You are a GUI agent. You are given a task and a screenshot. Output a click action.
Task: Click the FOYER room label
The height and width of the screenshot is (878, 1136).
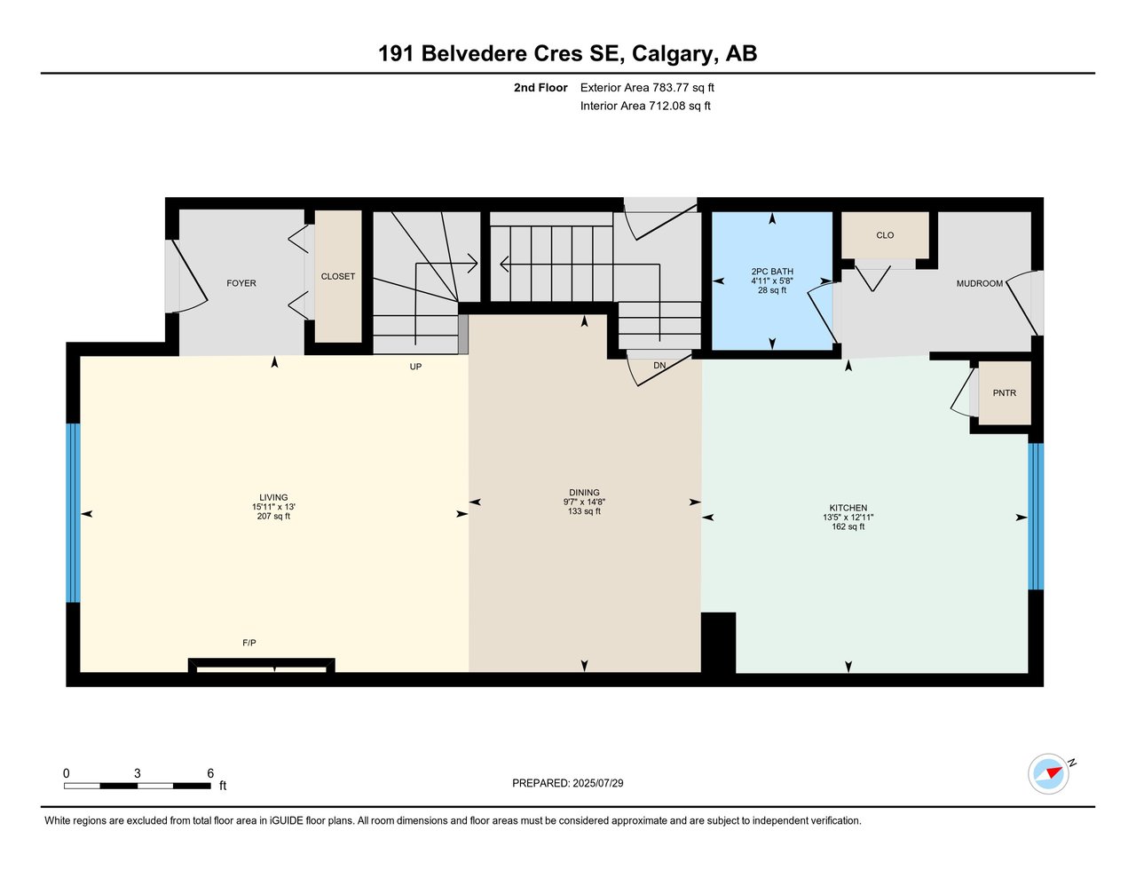click(241, 283)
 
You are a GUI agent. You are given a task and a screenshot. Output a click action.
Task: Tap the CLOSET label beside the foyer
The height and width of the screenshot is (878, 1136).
click(338, 277)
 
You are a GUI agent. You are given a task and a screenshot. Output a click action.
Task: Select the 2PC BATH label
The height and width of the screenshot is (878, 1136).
click(772, 272)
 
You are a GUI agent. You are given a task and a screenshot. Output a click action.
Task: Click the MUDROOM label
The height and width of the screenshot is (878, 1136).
click(979, 284)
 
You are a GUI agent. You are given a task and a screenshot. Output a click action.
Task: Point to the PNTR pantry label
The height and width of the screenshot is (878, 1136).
click(1004, 393)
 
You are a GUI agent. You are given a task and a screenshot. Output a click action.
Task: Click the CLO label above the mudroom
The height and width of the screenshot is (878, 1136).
click(885, 235)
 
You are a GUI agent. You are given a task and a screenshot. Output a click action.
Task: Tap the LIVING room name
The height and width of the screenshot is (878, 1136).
click(273, 498)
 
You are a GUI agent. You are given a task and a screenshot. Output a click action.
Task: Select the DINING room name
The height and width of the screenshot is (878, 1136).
click(584, 493)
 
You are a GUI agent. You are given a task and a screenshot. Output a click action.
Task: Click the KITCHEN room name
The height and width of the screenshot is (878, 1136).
click(848, 508)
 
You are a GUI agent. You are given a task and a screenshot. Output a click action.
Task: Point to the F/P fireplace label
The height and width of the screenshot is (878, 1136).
click(249, 643)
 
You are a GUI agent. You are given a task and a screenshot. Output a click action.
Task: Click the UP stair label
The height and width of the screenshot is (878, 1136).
click(415, 367)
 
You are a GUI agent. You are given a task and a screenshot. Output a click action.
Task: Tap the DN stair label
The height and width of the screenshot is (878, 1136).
click(659, 366)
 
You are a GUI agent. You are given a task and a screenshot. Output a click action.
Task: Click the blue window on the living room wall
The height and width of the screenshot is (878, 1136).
click(73, 513)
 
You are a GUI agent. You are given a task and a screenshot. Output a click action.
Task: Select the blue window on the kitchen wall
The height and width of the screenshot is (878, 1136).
click(1035, 516)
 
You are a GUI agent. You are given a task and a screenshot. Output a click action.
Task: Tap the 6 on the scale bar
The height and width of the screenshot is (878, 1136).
click(210, 773)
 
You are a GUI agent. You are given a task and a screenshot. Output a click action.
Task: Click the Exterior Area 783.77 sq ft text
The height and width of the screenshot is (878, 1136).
click(647, 88)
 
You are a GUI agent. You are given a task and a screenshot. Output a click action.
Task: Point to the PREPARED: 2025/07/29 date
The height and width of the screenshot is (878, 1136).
click(568, 783)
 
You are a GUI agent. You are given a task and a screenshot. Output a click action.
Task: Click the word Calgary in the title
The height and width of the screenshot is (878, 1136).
click(673, 54)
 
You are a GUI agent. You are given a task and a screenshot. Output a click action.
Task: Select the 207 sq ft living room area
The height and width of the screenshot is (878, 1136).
click(273, 517)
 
